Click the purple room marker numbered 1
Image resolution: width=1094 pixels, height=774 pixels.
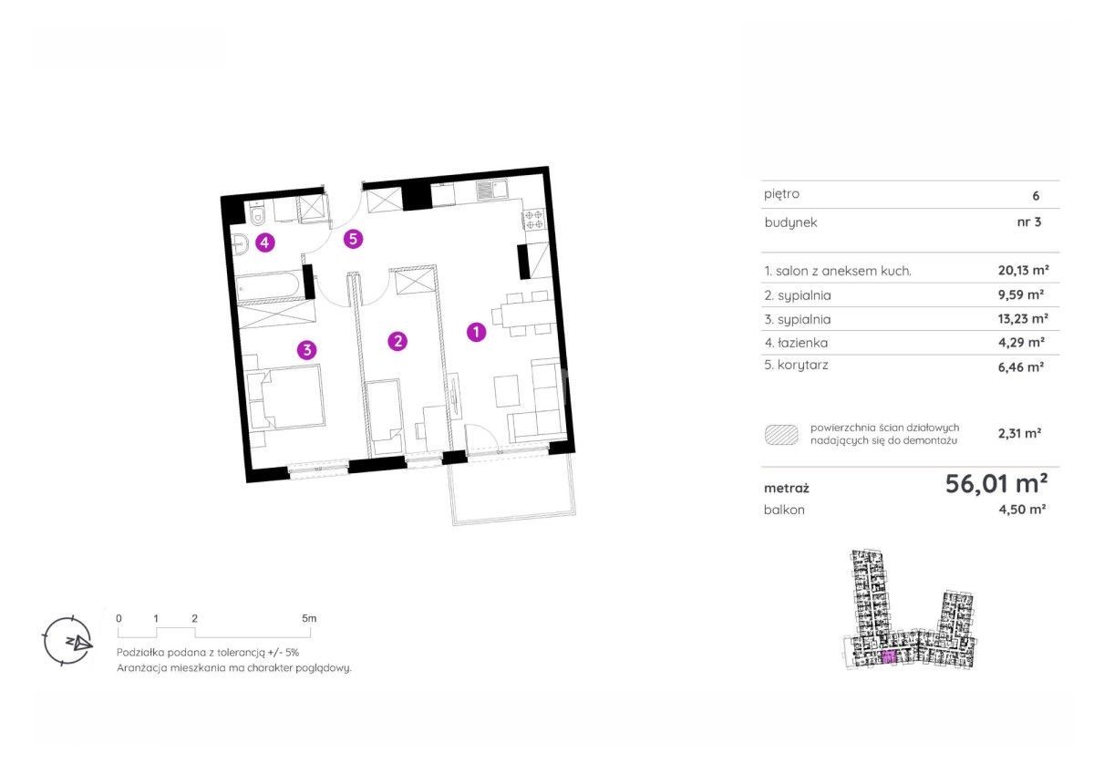tap(476, 333)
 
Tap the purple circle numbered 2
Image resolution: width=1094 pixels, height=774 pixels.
tap(397, 341)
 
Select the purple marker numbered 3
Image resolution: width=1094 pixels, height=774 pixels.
tap(307, 350)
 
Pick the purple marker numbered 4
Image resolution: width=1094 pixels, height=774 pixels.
tap(264, 243)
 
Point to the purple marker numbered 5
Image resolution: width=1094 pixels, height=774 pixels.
tap(353, 239)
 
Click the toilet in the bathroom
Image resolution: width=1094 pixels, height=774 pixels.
tap(257, 214)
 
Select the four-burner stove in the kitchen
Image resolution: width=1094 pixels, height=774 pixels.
tap(534, 219)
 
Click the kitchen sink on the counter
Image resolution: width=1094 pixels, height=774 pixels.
tap(491, 190)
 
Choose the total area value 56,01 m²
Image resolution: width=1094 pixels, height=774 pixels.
tap(996, 484)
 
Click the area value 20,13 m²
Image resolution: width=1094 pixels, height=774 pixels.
tap(1023, 270)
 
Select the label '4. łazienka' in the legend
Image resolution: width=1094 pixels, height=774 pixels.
tap(796, 343)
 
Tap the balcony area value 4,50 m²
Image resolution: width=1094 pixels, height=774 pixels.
tap(1022, 509)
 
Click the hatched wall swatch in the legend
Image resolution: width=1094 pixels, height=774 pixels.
tap(781, 435)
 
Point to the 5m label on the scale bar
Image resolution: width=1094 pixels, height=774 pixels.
tap(309, 618)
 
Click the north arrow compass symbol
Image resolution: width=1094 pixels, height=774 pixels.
tap(67, 641)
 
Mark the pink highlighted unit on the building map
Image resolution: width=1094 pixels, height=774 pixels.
tap(889, 658)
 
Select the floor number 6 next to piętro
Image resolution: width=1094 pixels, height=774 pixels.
tap(1036, 196)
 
